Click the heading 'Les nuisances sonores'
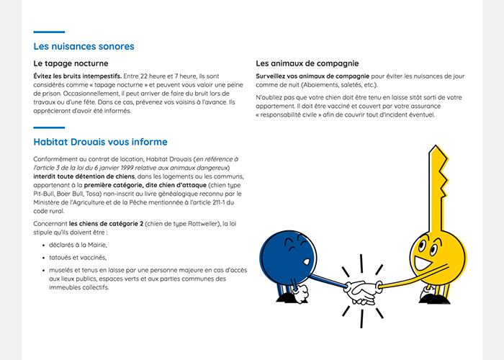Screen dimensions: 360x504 (x=84, y=47)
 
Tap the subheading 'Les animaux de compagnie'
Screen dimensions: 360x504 (x=307, y=63)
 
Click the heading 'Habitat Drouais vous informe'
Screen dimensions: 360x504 (x=100, y=142)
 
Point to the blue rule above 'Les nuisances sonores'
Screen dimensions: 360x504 (x=49, y=32)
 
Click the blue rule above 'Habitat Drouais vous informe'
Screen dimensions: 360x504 (x=49, y=127)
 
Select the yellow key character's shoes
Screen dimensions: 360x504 (x=436, y=296)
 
